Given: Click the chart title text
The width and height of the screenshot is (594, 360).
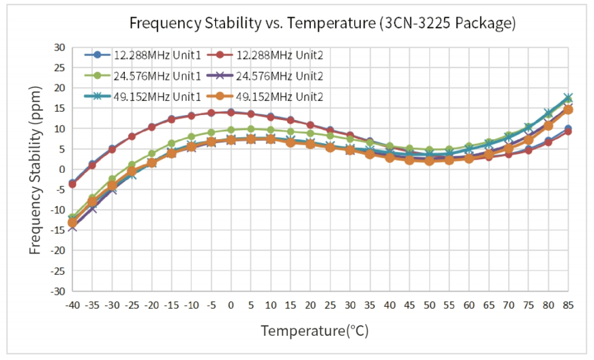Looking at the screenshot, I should tap(322, 23).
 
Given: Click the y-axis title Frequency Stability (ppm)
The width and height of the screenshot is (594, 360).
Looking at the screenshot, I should tap(35, 170).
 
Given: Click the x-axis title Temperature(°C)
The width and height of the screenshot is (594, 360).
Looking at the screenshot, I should tap(315, 331).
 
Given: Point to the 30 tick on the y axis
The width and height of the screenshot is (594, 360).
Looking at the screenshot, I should tap(59, 47).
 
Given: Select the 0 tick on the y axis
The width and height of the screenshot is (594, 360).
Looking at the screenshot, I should tap(62, 169).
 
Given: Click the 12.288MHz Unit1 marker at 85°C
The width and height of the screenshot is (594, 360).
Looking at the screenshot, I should tap(569, 129).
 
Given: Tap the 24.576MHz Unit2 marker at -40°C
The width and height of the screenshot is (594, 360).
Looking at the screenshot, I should tap(72, 226).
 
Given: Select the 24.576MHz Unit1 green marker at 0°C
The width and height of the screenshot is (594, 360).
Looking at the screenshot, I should tap(231, 130).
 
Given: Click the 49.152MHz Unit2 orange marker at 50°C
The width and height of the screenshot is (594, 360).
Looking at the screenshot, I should tap(430, 161).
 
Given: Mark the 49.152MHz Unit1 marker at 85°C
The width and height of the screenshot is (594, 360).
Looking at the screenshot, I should tap(569, 98).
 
